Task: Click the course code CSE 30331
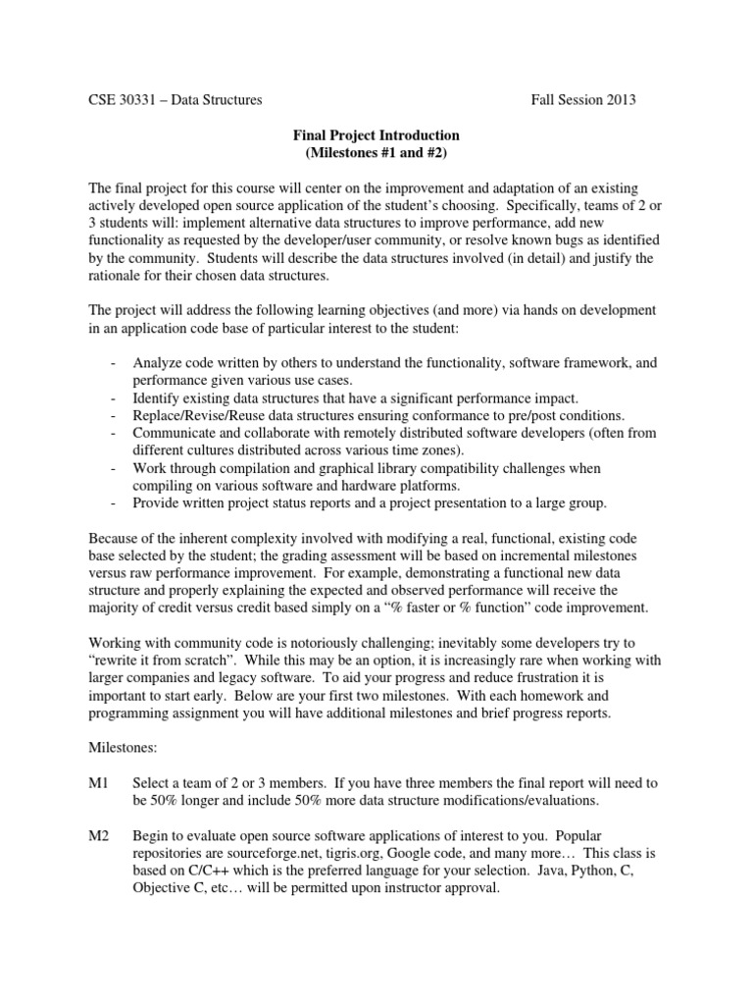[123, 99]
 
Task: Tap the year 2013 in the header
[618, 99]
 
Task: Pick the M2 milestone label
[99, 835]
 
